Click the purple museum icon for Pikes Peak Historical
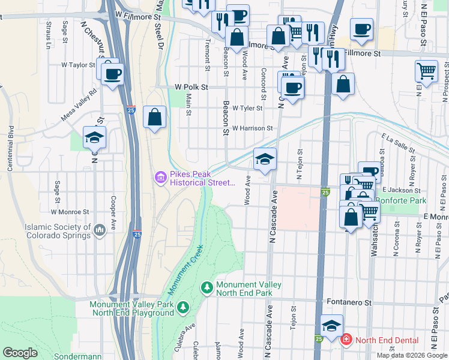[x=161, y=176]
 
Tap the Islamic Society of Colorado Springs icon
[x=100, y=228]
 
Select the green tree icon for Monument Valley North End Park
[x=207, y=289]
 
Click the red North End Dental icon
[x=346, y=340]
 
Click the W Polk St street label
[x=191, y=87]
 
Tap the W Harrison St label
[x=252, y=128]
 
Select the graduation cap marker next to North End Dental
[x=331, y=326]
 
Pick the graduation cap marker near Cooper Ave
[x=94, y=137]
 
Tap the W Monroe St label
[x=70, y=212]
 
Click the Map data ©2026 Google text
[x=411, y=355]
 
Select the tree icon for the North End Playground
[x=183, y=308]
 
